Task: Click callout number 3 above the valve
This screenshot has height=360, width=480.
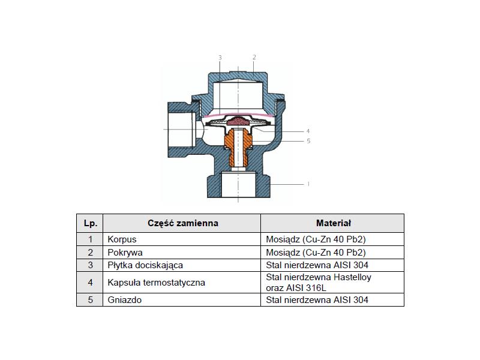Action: [x=220, y=58]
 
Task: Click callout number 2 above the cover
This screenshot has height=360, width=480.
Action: [x=254, y=57]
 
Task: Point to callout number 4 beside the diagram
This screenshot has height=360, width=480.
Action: [x=308, y=131]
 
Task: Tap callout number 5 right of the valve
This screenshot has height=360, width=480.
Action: [x=308, y=141]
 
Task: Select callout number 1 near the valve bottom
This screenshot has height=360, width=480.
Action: [x=308, y=184]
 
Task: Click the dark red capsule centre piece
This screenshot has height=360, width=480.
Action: [x=238, y=122]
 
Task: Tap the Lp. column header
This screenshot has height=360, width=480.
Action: [x=90, y=223]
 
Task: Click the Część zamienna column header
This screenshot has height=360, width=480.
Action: [x=182, y=223]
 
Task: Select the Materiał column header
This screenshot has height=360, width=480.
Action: [x=333, y=223]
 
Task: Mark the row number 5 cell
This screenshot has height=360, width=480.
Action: [x=90, y=299]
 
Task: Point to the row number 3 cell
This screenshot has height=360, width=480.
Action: [x=90, y=265]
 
